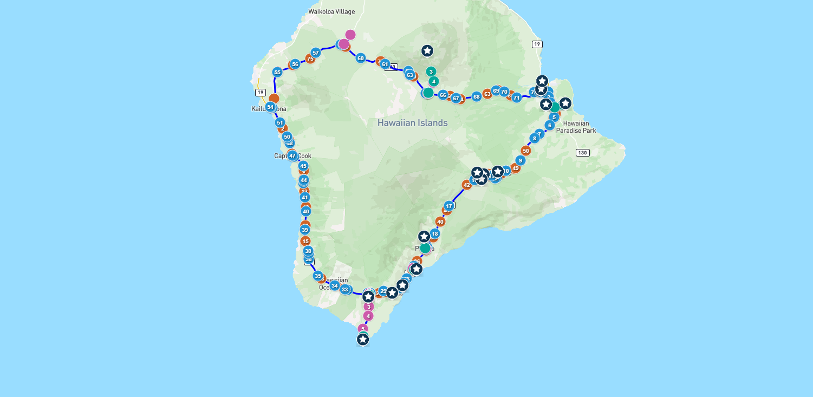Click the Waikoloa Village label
(x=331, y=11)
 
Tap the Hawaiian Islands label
(x=412, y=123)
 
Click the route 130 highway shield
(x=582, y=153)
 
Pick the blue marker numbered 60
(x=360, y=58)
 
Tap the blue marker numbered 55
(x=277, y=72)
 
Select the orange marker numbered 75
(x=310, y=58)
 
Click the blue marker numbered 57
(x=316, y=53)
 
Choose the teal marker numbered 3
(x=431, y=71)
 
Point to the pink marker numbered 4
(x=368, y=316)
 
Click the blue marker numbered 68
(x=476, y=96)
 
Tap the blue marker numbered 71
(x=516, y=97)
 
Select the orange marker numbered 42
(x=467, y=185)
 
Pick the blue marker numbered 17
(x=448, y=206)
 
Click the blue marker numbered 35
(x=317, y=276)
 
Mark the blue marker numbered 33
(x=344, y=289)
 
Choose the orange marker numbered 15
(x=305, y=241)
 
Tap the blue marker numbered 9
(x=520, y=160)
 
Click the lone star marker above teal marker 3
(x=427, y=51)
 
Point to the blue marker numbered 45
(x=303, y=166)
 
